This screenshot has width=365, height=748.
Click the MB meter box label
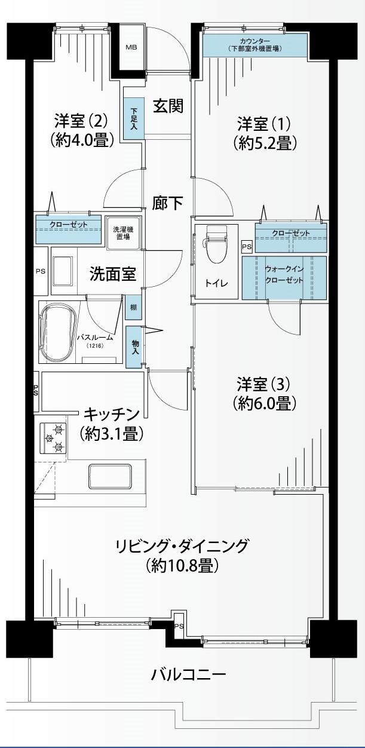pos(131,47)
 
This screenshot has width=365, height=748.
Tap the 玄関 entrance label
pos(168,106)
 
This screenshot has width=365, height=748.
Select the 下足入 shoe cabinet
pos(134,118)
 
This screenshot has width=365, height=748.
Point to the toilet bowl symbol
pos(216,244)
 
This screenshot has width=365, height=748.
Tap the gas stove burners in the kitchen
pos(53,438)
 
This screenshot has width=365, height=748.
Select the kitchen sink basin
pos(110,477)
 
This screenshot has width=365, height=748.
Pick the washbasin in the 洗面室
pos(63,271)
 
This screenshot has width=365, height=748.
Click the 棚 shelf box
pos(134,308)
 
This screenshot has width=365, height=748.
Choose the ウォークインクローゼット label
pos(284,274)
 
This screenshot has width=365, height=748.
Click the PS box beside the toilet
pos(247,247)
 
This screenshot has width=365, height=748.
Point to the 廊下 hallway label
pos(168,203)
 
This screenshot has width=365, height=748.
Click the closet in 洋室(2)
pos(69,229)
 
